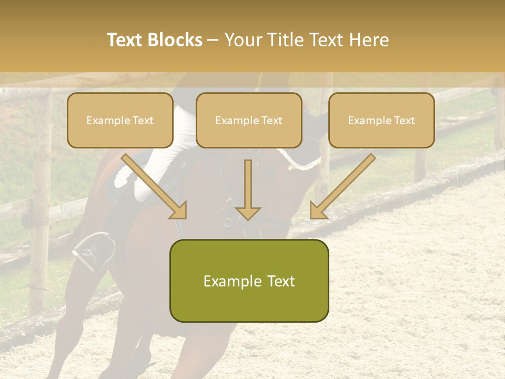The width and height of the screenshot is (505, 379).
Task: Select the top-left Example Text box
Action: coord(120,121)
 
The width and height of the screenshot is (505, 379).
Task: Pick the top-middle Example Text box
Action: coord(249,121)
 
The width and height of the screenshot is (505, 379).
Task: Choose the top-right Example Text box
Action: coord(381,121)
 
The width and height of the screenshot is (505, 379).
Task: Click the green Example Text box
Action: coord(249,281)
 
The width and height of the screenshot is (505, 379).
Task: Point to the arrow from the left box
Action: coord(154,186)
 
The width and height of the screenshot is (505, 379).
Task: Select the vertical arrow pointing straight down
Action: coord(248,189)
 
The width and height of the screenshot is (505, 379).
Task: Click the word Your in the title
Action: coord(243,40)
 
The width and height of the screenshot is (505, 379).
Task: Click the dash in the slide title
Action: coord(214,41)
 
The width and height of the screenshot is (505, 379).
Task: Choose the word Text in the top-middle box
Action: coord(271,121)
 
